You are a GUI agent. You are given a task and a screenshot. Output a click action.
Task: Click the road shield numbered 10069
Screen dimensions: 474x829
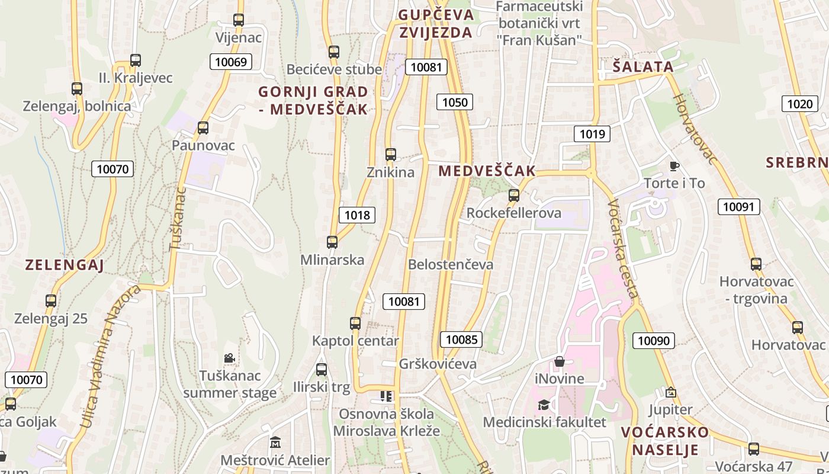click(x=231, y=62)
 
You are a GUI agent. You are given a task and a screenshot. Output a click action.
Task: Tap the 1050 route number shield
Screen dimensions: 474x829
click(x=455, y=102)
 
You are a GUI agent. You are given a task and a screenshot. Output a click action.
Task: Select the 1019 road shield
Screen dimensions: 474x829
click(x=592, y=134)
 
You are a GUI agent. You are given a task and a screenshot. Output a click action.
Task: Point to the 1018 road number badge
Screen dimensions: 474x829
click(x=357, y=214)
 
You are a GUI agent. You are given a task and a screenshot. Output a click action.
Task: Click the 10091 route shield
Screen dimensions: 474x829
click(x=738, y=206)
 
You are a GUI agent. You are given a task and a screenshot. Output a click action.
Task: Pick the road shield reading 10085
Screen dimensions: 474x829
click(x=461, y=340)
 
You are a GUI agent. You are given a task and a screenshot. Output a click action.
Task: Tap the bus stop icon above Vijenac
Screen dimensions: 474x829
click(x=239, y=20)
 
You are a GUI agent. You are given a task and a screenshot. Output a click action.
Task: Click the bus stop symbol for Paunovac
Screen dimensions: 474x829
click(x=203, y=127)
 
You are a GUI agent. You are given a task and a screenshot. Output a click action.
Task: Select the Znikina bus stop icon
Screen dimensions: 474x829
click(x=391, y=155)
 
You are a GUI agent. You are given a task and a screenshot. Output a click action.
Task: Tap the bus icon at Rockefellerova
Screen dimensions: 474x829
click(x=514, y=195)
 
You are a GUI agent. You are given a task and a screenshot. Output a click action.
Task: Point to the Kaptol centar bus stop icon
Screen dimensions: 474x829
click(x=355, y=324)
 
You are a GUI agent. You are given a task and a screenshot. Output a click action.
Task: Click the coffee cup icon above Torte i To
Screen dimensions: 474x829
click(x=674, y=166)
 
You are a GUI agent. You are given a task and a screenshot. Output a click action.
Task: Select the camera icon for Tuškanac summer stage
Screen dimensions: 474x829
click(x=229, y=358)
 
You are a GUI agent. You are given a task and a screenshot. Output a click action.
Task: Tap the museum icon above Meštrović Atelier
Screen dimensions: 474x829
click(x=275, y=443)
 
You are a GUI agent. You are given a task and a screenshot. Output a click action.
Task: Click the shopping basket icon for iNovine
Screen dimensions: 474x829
click(x=560, y=361)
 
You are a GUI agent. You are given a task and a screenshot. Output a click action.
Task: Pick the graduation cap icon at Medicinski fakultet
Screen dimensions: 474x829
click(x=544, y=405)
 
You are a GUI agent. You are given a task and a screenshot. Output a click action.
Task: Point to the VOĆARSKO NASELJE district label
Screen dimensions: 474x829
click(x=665, y=440)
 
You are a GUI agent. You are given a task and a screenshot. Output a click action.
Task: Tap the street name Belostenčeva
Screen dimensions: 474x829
click(x=451, y=264)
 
